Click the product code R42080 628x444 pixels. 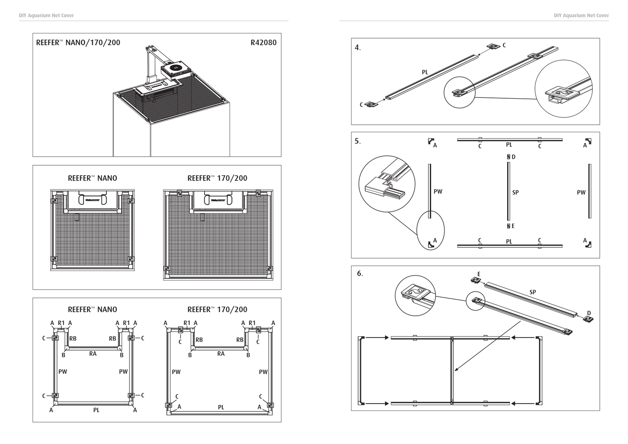tap(263, 43)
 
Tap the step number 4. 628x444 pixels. tap(358, 48)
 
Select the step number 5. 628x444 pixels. tap(358, 141)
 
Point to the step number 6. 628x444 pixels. tap(360, 274)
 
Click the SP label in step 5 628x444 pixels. tap(515, 192)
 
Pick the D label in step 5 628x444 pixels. tap(514, 157)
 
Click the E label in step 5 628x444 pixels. tap(513, 226)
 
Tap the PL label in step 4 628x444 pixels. tap(425, 72)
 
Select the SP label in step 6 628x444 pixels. tap(533, 292)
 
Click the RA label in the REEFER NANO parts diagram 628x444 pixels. tap(93, 354)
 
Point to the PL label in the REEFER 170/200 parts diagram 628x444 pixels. tap(221, 407)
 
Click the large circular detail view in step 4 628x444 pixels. tap(564, 89)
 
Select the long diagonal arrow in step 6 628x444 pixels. tap(482, 353)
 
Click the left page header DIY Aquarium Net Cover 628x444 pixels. tap(47, 16)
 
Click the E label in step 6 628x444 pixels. tap(478, 274)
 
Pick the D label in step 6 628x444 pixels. tap(589, 313)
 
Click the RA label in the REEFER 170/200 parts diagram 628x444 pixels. tap(221, 354)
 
